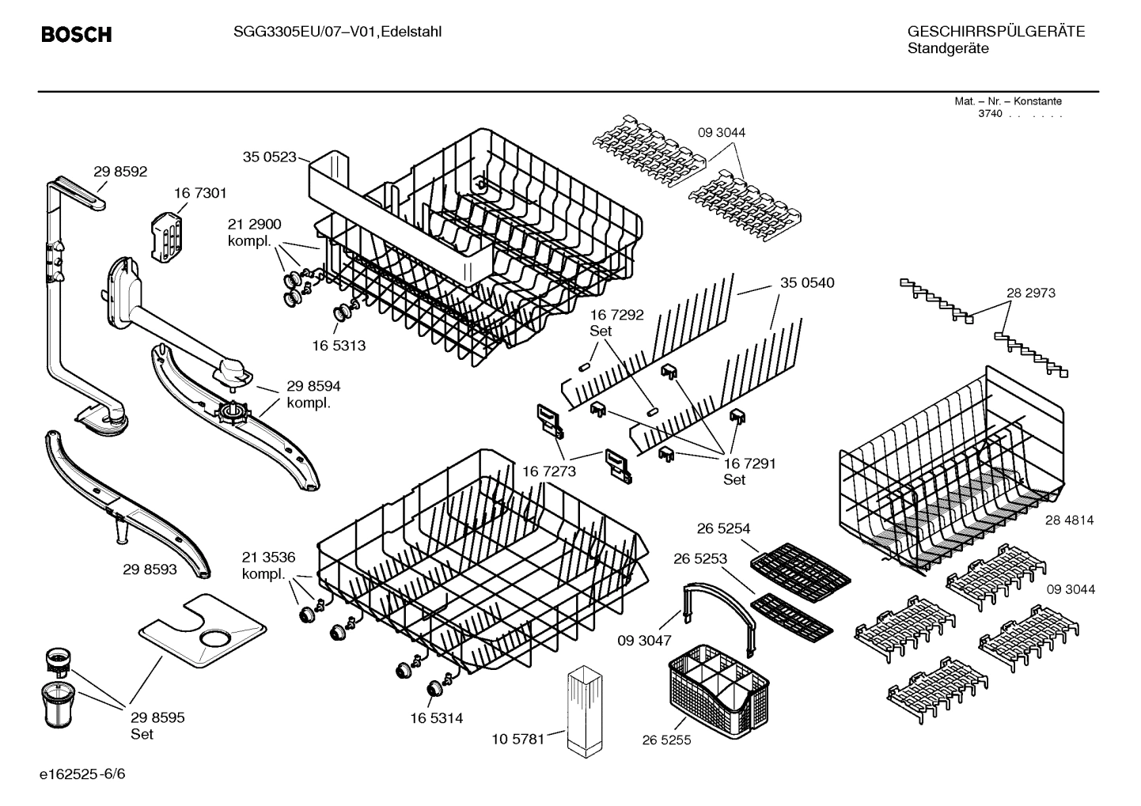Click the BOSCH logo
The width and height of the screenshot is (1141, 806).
(76, 35)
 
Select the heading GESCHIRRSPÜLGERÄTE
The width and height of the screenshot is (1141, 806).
(995, 32)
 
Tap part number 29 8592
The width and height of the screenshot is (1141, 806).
(120, 172)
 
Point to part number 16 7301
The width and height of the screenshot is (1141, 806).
(200, 193)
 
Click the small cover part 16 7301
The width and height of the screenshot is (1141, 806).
(168, 233)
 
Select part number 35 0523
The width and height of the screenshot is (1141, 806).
(269, 157)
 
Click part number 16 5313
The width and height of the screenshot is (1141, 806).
(339, 346)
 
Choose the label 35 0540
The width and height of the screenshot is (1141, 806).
(807, 282)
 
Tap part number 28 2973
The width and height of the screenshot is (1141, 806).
(1030, 293)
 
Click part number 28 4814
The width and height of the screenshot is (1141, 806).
(1069, 520)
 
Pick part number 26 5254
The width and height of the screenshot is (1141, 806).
(723, 528)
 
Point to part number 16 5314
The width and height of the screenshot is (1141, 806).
(436, 718)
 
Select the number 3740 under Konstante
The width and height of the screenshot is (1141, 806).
(990, 114)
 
